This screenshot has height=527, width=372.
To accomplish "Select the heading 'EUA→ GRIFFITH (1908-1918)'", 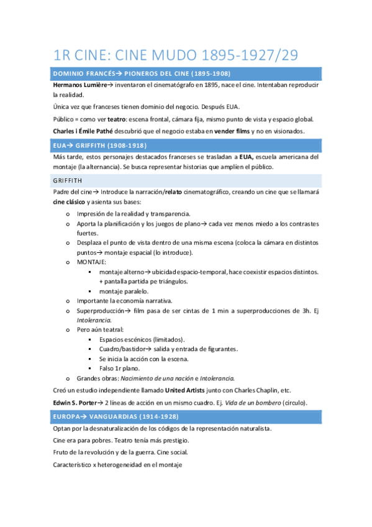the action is coord(99,145).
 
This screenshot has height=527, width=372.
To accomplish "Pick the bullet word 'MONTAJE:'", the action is coord(92,262).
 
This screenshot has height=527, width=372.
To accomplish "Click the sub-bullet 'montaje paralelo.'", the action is coord(124,291).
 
